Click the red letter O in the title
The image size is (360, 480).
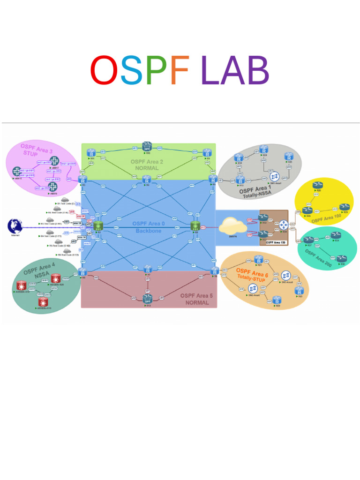click(104, 70)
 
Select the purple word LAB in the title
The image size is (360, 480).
click(235, 70)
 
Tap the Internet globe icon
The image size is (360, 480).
click(15, 226)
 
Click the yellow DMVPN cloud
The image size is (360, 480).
click(232, 225)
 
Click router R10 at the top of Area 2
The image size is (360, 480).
click(148, 146)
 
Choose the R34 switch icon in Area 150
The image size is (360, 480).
click(284, 225)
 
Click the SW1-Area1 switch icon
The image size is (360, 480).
click(274, 177)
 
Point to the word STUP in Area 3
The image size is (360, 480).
click(30, 154)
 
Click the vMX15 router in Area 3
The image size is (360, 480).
click(17, 172)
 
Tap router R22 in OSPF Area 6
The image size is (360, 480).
click(277, 300)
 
